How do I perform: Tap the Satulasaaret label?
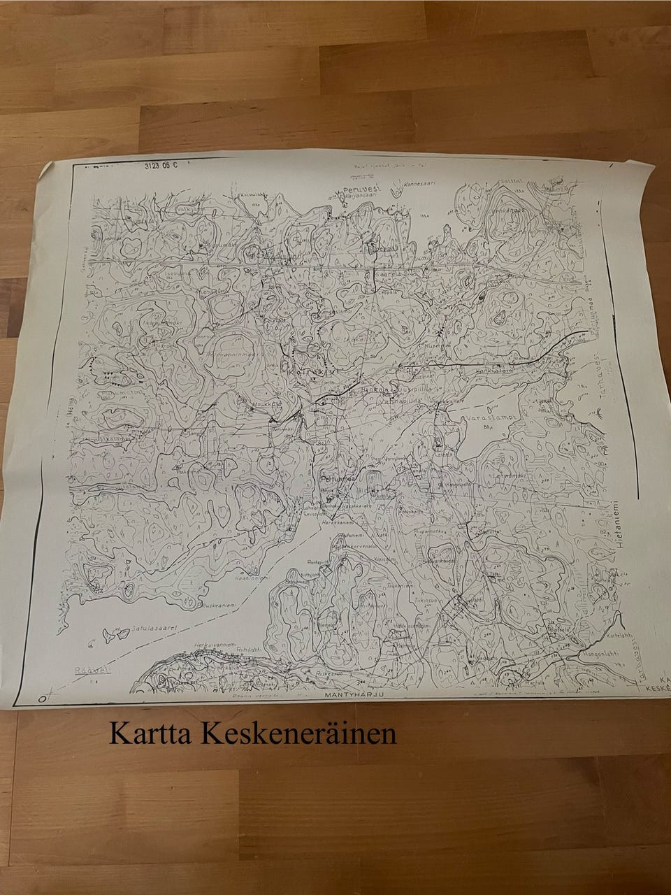tap(152, 629)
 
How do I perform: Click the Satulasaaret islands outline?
tap(110, 635)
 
